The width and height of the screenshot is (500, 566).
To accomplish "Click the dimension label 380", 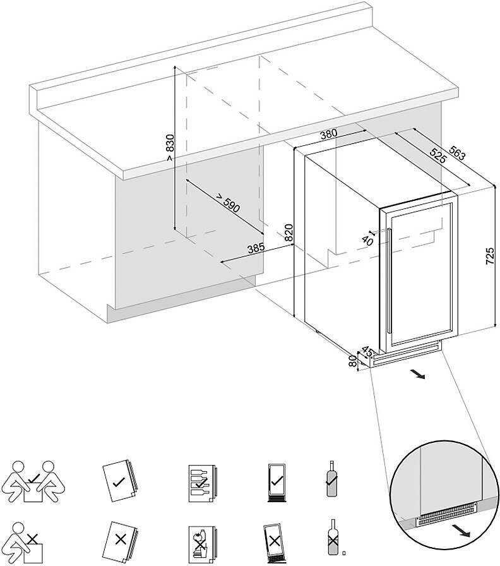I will click(x=328, y=134).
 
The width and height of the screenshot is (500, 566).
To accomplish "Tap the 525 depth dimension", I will click(x=437, y=156).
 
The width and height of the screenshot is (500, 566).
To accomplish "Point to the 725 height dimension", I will click(x=491, y=256).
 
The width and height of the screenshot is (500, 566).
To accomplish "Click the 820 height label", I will click(x=289, y=233).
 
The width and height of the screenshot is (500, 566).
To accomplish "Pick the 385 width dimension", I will click(x=255, y=248).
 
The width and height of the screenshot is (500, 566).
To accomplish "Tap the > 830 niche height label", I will click(x=169, y=148).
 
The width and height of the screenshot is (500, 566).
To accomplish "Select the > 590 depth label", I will click(x=228, y=203).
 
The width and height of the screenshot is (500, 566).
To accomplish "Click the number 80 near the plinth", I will click(x=352, y=362).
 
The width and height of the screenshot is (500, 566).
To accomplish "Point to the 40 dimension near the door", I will click(x=368, y=239).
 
